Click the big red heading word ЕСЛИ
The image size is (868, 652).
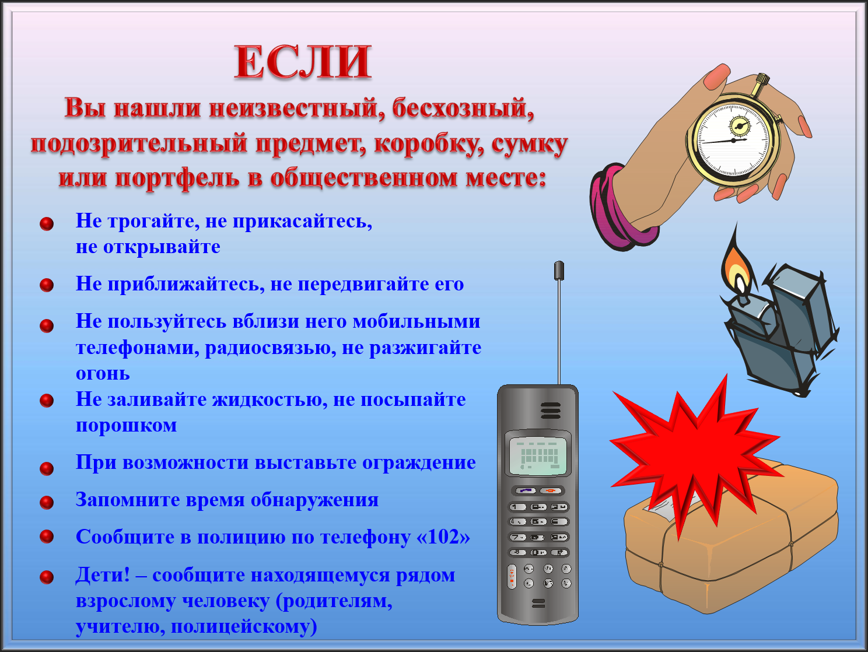tap(303, 62)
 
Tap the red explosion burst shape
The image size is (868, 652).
tap(696, 454)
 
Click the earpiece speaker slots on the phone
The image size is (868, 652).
tap(551, 411)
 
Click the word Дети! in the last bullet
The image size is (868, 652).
tap(103, 574)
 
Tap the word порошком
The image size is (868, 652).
tap(126, 426)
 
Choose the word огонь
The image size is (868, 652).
tap(103, 374)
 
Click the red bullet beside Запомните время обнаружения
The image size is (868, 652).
tap(47, 502)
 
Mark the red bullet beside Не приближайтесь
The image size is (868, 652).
tap(47, 285)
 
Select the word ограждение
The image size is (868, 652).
tap(419, 462)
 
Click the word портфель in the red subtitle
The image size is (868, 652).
tap(177, 178)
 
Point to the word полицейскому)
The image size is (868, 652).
tap(244, 627)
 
